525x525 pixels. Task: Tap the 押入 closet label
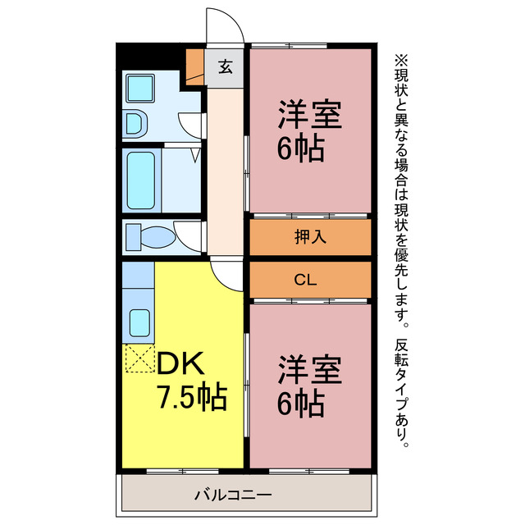(x=311, y=238)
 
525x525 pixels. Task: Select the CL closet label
(x=305, y=281)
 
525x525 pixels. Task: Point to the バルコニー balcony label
(x=233, y=495)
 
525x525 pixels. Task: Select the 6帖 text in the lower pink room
(x=300, y=403)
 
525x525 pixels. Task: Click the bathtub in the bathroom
(x=141, y=178)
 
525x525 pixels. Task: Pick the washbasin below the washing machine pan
(x=135, y=124)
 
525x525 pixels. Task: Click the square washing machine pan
(x=140, y=85)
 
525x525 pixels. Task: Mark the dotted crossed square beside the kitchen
(x=139, y=358)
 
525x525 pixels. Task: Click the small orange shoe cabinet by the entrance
(x=194, y=64)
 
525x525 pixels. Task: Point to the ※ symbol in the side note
(x=401, y=61)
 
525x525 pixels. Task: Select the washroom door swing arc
(x=190, y=124)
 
